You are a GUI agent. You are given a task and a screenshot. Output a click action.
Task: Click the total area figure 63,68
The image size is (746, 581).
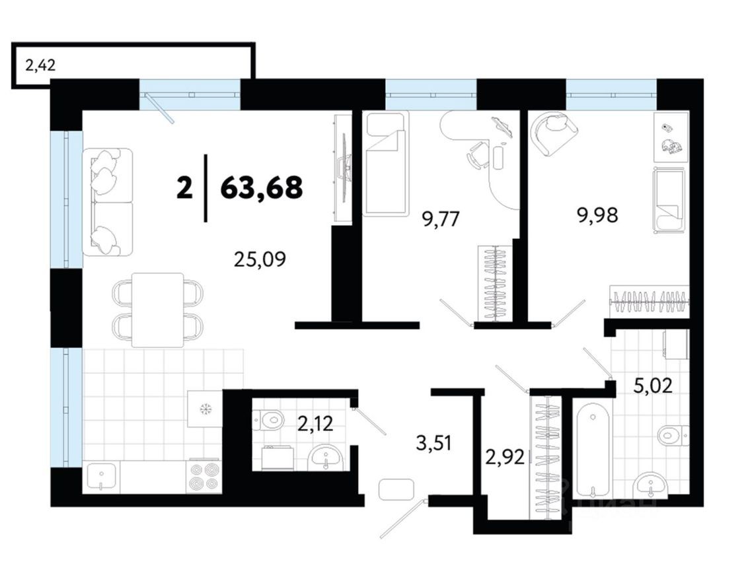pos(261,188)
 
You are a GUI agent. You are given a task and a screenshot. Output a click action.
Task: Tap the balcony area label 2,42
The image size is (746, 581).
pos(40,65)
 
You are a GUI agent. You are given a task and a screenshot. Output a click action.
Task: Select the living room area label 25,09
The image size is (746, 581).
pos(260,260)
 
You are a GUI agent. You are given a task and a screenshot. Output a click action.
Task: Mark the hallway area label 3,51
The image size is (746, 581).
pos(433,442)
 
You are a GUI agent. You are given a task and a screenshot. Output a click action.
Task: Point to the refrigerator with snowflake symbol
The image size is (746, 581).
pos(205,409)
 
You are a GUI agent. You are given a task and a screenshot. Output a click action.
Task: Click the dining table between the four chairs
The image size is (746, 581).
pos(157,310)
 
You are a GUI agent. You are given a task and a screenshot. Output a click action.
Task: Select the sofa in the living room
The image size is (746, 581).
pos(107,202)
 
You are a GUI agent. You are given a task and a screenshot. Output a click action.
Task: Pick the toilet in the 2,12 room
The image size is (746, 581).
pos(268,419)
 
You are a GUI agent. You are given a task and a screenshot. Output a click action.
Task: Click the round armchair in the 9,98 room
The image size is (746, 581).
pos(553,132)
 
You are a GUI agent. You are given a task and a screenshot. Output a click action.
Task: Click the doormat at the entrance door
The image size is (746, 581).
pos(396,489)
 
